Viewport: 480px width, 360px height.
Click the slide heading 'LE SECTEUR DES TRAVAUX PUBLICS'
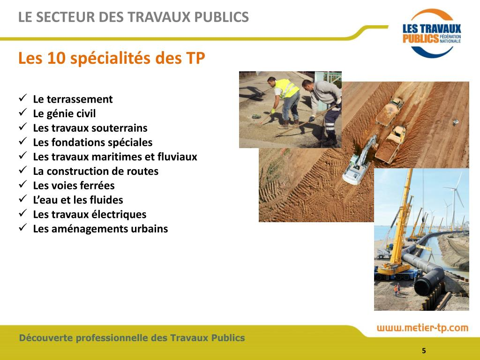tap(134, 17)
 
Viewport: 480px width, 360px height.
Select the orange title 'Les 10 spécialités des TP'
tap(112, 59)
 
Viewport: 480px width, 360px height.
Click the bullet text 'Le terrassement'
tap(73, 99)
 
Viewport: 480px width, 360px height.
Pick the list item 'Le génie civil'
tap(64, 114)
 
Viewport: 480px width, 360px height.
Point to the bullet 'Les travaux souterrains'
tap(90, 128)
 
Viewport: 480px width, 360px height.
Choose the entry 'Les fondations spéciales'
tap(93, 142)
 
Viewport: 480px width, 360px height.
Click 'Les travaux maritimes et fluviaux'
tap(115, 157)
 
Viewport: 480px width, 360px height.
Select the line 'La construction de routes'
tap(96, 172)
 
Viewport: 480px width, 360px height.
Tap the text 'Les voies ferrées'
tap(74, 186)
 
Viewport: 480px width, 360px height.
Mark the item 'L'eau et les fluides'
tap(78, 200)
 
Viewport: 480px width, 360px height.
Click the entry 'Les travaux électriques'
tap(90, 215)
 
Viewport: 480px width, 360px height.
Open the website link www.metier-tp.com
tap(422, 328)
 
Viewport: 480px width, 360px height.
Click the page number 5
tap(424, 351)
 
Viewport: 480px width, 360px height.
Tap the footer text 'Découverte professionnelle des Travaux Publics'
tap(132, 338)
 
